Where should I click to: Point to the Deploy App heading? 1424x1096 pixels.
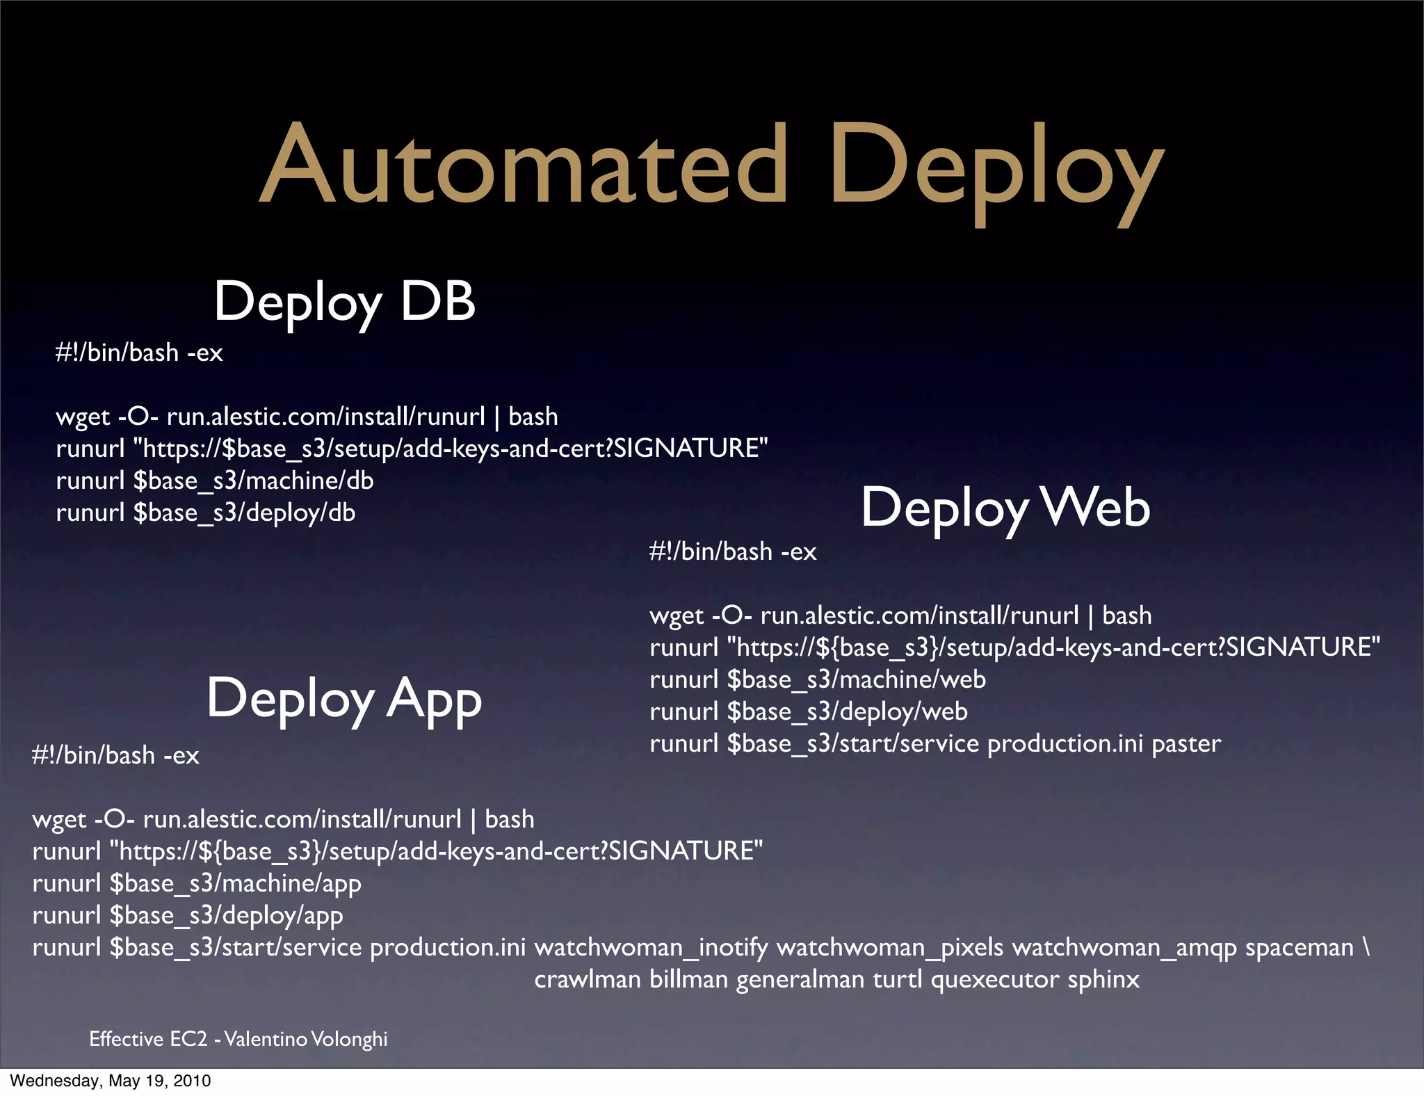point(343,700)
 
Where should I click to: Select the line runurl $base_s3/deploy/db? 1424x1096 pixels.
point(205,513)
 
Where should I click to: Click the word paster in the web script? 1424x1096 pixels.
point(1186,744)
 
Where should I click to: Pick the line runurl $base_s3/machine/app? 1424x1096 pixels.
point(196,884)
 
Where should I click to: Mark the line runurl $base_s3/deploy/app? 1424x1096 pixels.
point(187,916)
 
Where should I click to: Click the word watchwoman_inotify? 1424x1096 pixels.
point(651,948)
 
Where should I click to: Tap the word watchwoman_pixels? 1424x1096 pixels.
point(889,948)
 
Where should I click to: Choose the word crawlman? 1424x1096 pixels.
point(587,980)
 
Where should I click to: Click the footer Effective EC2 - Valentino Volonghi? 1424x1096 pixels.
point(238,1039)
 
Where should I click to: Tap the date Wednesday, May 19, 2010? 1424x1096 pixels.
point(110,1081)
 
